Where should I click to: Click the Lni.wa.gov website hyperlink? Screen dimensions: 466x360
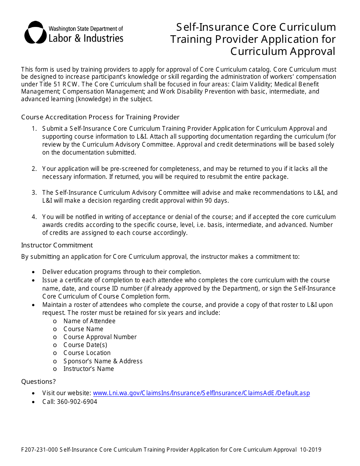(201, 393)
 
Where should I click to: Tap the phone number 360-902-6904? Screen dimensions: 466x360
(77, 402)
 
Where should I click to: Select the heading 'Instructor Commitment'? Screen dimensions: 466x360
(57, 245)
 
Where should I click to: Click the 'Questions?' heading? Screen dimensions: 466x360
(38, 382)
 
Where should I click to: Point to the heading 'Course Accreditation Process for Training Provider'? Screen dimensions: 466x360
(100, 117)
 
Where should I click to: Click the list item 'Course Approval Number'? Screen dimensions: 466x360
(100, 337)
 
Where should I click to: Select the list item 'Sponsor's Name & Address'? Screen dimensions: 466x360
(103, 361)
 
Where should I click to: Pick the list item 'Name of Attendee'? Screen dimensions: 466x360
(89, 321)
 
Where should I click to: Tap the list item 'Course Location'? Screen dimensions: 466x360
(87, 353)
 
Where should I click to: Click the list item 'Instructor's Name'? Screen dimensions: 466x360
(88, 369)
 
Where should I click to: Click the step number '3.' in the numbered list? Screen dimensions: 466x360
(34, 192)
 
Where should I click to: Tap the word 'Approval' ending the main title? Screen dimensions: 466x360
(310, 51)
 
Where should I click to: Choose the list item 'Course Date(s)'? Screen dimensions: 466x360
(85, 345)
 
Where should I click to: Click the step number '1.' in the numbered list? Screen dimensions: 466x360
(34, 128)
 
